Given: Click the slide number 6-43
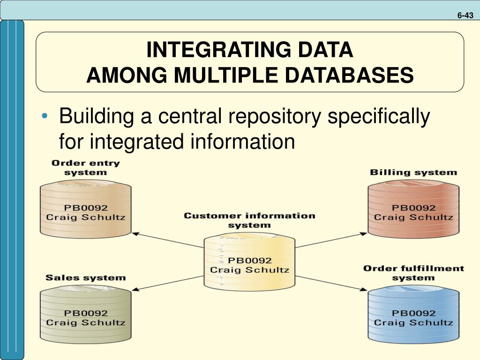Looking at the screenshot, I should [x=465, y=15].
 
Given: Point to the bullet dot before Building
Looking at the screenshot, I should [x=45, y=117].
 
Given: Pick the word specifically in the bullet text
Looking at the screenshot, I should [x=378, y=117].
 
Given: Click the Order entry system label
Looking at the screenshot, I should [x=85, y=168].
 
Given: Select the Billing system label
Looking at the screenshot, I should [x=413, y=172].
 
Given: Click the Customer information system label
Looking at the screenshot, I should [x=249, y=220].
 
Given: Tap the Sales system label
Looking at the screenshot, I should [x=85, y=277].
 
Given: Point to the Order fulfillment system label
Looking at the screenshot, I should [x=413, y=273].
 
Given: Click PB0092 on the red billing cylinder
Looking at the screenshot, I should [x=413, y=208].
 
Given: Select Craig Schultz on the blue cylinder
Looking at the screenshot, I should [x=413, y=322].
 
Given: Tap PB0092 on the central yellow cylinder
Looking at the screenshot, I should [x=249, y=260].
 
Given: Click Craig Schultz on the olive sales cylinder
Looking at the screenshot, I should [x=85, y=322].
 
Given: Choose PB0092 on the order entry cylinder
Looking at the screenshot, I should [x=85, y=208].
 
